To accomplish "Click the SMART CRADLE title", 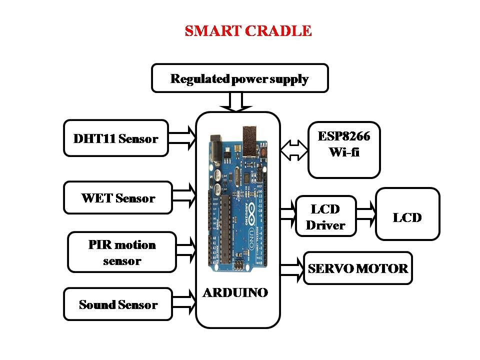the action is (248, 31).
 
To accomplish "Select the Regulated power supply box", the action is (239, 78).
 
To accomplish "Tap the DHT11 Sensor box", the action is (116, 138).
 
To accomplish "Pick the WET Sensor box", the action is (118, 198).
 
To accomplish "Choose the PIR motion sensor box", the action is (122, 252).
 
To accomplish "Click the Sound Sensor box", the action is (118, 304).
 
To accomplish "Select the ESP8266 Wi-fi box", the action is (344, 150).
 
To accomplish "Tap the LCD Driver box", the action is (325, 216).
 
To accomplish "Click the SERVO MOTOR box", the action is (358, 268).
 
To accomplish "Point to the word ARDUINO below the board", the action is (235, 292).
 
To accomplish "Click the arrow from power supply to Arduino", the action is (235, 102).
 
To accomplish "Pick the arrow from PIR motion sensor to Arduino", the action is (186, 250).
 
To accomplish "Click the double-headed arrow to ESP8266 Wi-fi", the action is (294, 150).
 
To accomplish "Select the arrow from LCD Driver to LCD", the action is (366, 214).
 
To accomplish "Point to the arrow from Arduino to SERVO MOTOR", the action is (292, 269).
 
